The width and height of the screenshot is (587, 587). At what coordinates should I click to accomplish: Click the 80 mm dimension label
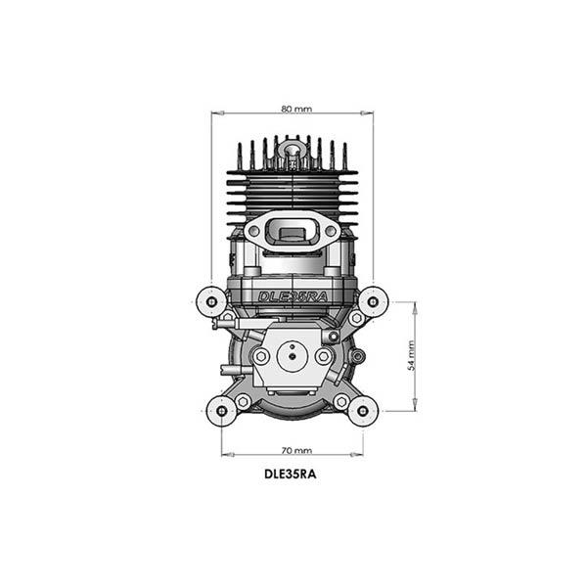click(x=296, y=109)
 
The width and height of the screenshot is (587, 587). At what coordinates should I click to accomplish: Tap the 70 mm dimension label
click(x=296, y=450)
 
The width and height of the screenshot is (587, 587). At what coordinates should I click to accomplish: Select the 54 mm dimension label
click(x=411, y=356)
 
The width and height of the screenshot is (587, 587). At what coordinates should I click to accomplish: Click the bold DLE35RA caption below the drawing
click(x=291, y=474)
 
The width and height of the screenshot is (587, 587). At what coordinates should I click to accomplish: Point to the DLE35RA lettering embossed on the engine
click(x=293, y=296)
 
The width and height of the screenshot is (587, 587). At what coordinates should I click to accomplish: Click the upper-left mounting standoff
click(x=212, y=301)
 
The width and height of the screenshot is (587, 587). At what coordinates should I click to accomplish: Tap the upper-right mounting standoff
click(x=373, y=301)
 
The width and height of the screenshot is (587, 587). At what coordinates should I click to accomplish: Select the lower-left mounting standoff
click(x=222, y=411)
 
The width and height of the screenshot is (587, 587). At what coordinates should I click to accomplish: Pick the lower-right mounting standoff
click(x=363, y=411)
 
